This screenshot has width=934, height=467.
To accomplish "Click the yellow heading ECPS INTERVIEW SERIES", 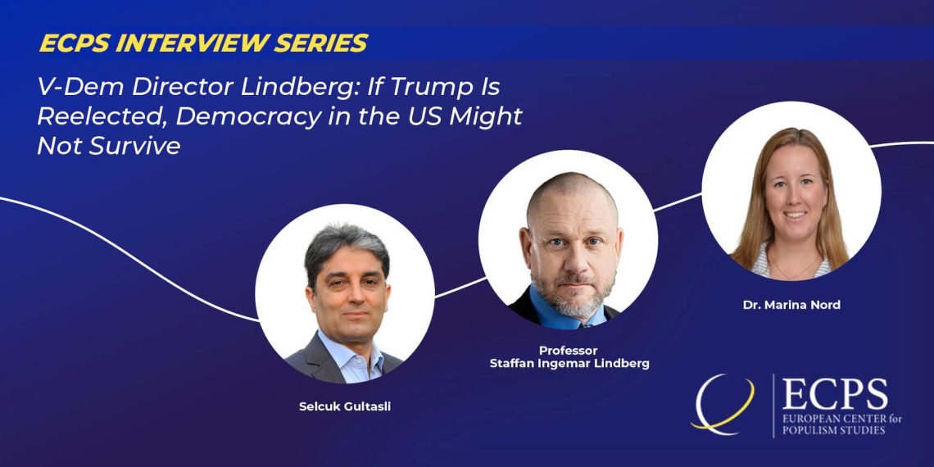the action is point(203,43).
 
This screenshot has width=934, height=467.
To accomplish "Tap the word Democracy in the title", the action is point(248,116).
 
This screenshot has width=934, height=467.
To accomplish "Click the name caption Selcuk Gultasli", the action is point(345,408).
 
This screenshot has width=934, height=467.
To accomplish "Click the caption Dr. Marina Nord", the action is point(791,305).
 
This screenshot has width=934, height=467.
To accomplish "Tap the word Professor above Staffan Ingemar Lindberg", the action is point(569,351).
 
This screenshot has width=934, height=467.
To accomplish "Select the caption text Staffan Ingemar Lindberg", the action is point(569,364).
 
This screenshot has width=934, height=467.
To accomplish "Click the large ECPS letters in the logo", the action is point(835,394).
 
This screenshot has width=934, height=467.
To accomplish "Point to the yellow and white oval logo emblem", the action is point(723,405).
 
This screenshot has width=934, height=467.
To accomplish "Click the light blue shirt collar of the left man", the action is point(351,356).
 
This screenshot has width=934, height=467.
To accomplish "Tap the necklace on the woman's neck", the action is point(793,271).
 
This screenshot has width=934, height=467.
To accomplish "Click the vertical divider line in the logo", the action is point(773,406).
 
